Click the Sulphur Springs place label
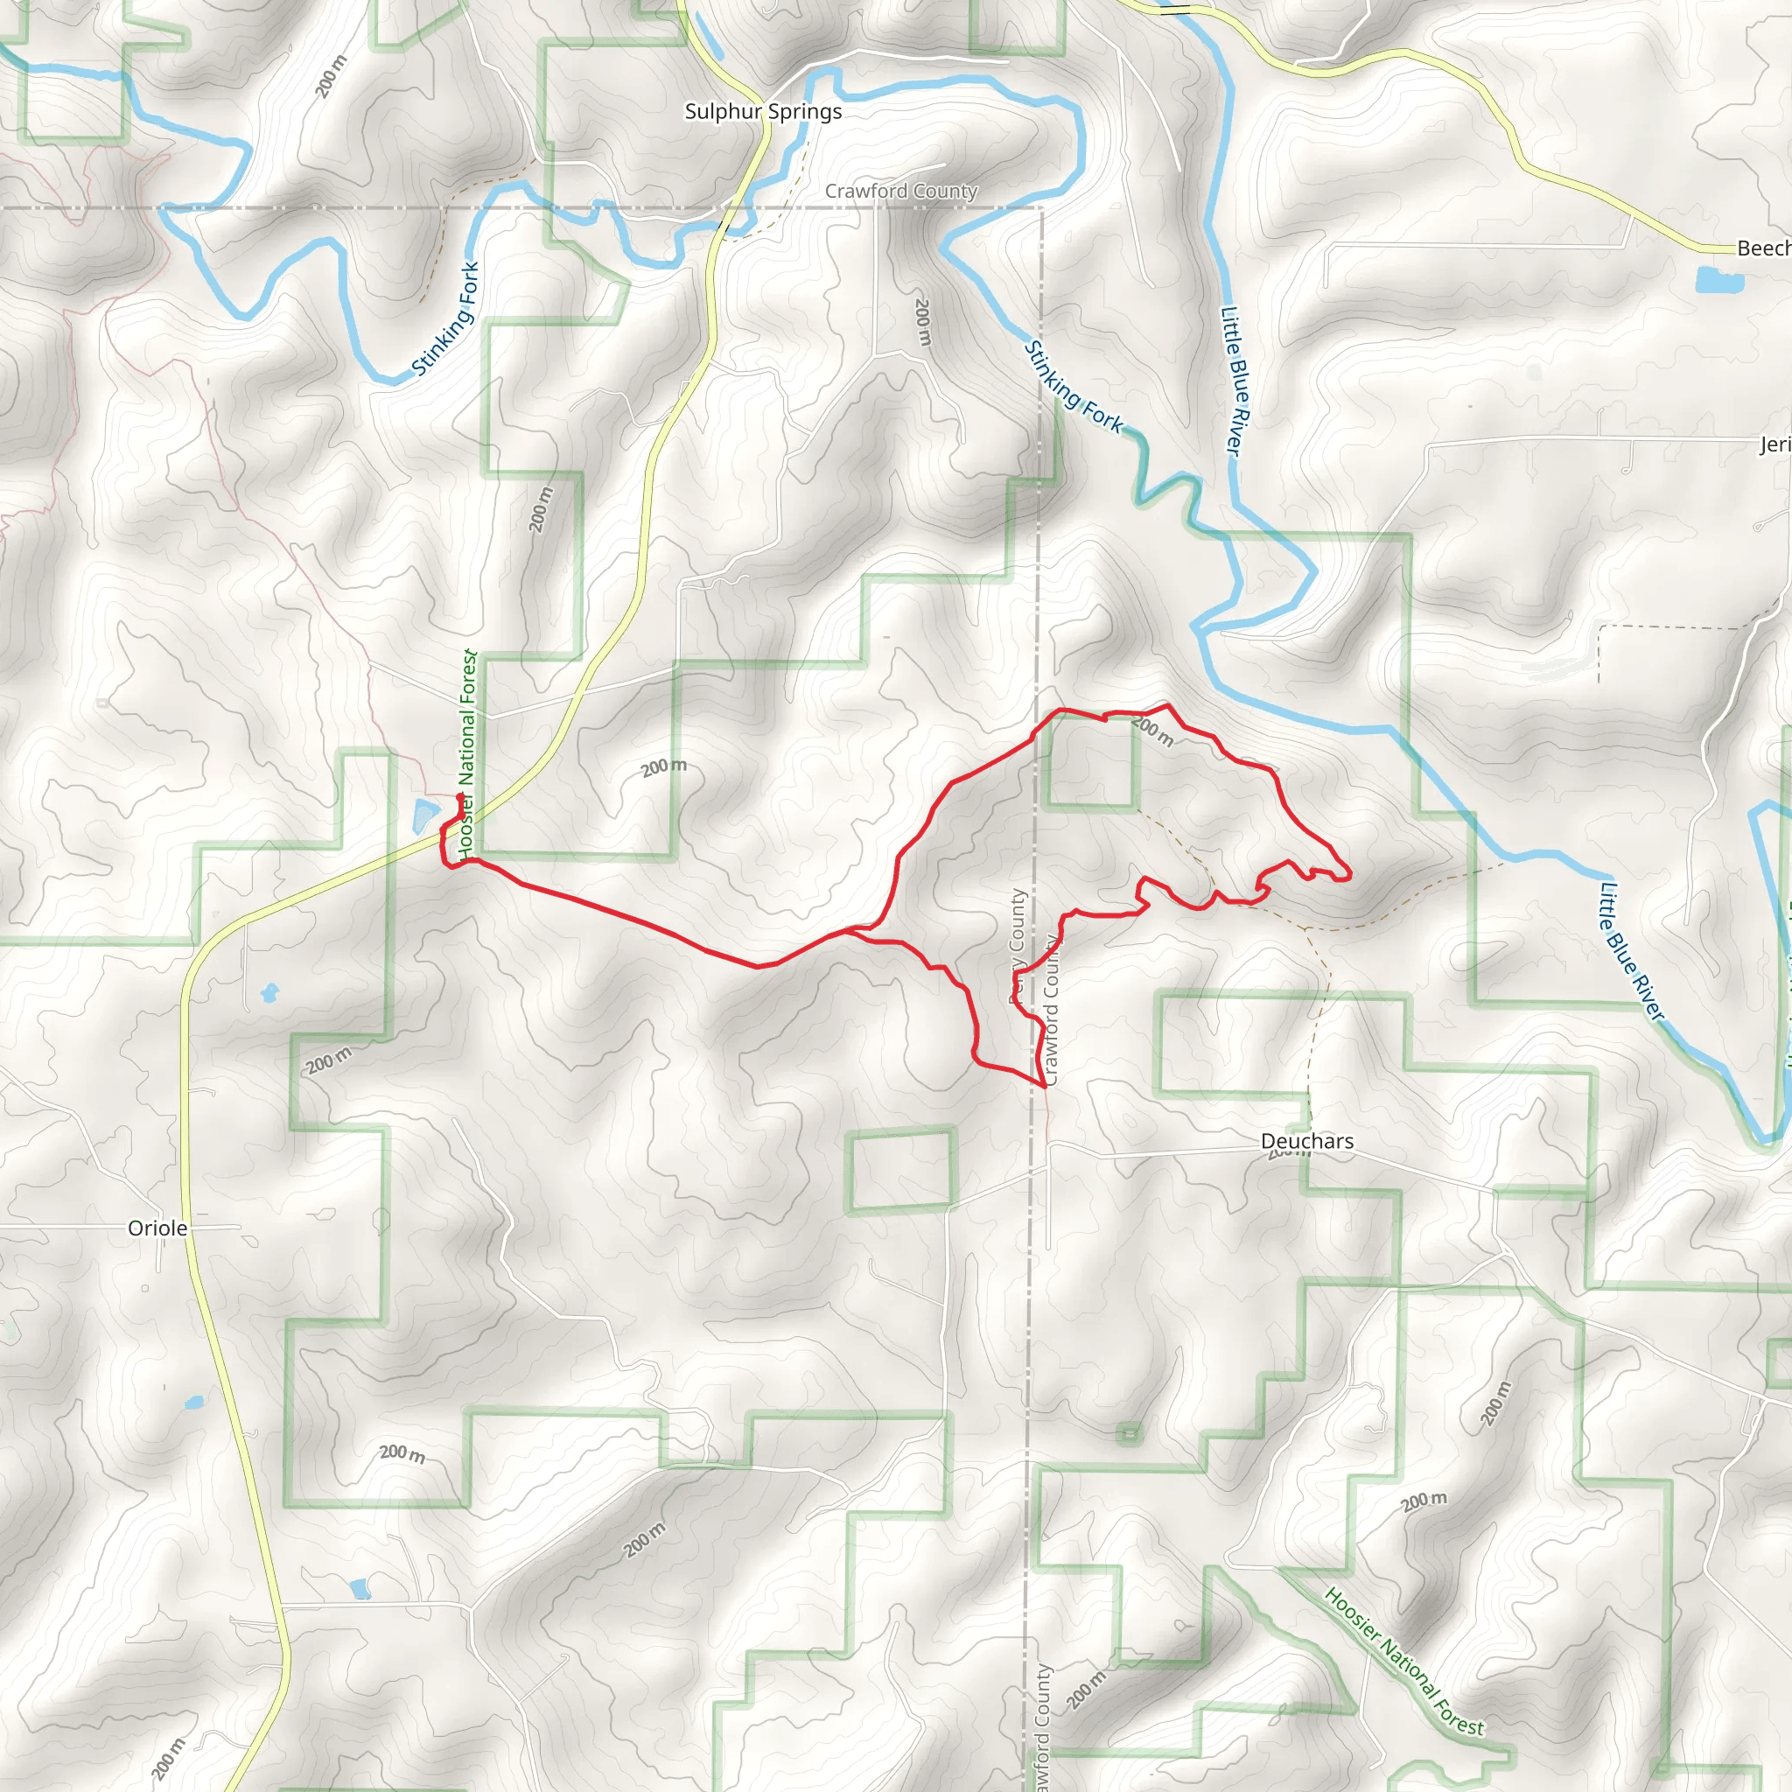[x=762, y=111]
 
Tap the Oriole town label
[x=157, y=1228]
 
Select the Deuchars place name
[x=1307, y=1141]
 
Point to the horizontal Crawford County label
[x=900, y=191]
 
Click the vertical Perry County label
[x=1018, y=946]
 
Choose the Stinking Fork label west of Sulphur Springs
[x=446, y=318]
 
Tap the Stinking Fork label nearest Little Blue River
[x=1073, y=388]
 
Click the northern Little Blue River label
[x=1235, y=381]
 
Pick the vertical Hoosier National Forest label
[x=467, y=754]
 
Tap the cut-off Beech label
[x=1763, y=248]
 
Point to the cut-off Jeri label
[x=1775, y=445]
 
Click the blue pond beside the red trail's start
[x=424, y=815]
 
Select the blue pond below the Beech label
[x=1706, y=279]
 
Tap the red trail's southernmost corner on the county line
[x=1045, y=1084]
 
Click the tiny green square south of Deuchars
[x=1128, y=1434]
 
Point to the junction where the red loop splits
[x=853, y=929]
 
